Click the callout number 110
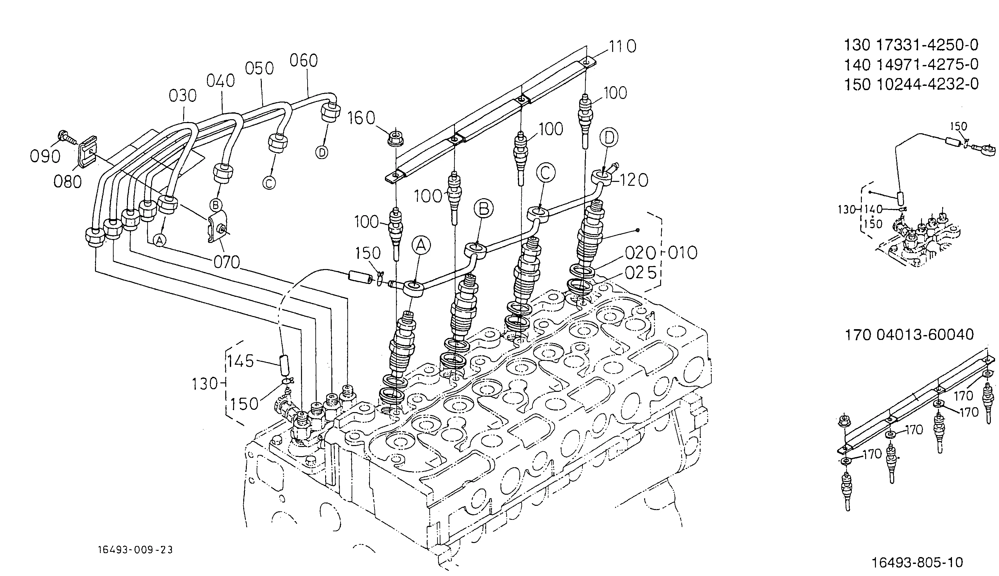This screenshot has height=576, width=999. pos(622,47)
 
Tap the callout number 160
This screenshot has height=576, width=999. pos(361,118)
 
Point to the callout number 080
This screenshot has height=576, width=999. pos(68,182)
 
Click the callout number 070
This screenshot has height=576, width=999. pos(227,262)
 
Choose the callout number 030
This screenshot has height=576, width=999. pos(183,96)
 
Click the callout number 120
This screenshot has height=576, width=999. pos(634,180)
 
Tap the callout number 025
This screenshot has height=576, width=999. pos(641,273)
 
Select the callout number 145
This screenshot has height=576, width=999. pos(241,361)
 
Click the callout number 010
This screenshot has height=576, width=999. pos(683,253)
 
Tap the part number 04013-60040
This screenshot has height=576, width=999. pos(925,335)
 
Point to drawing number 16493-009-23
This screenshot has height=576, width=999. pos(135,550)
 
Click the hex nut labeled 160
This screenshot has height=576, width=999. pos(394,137)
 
